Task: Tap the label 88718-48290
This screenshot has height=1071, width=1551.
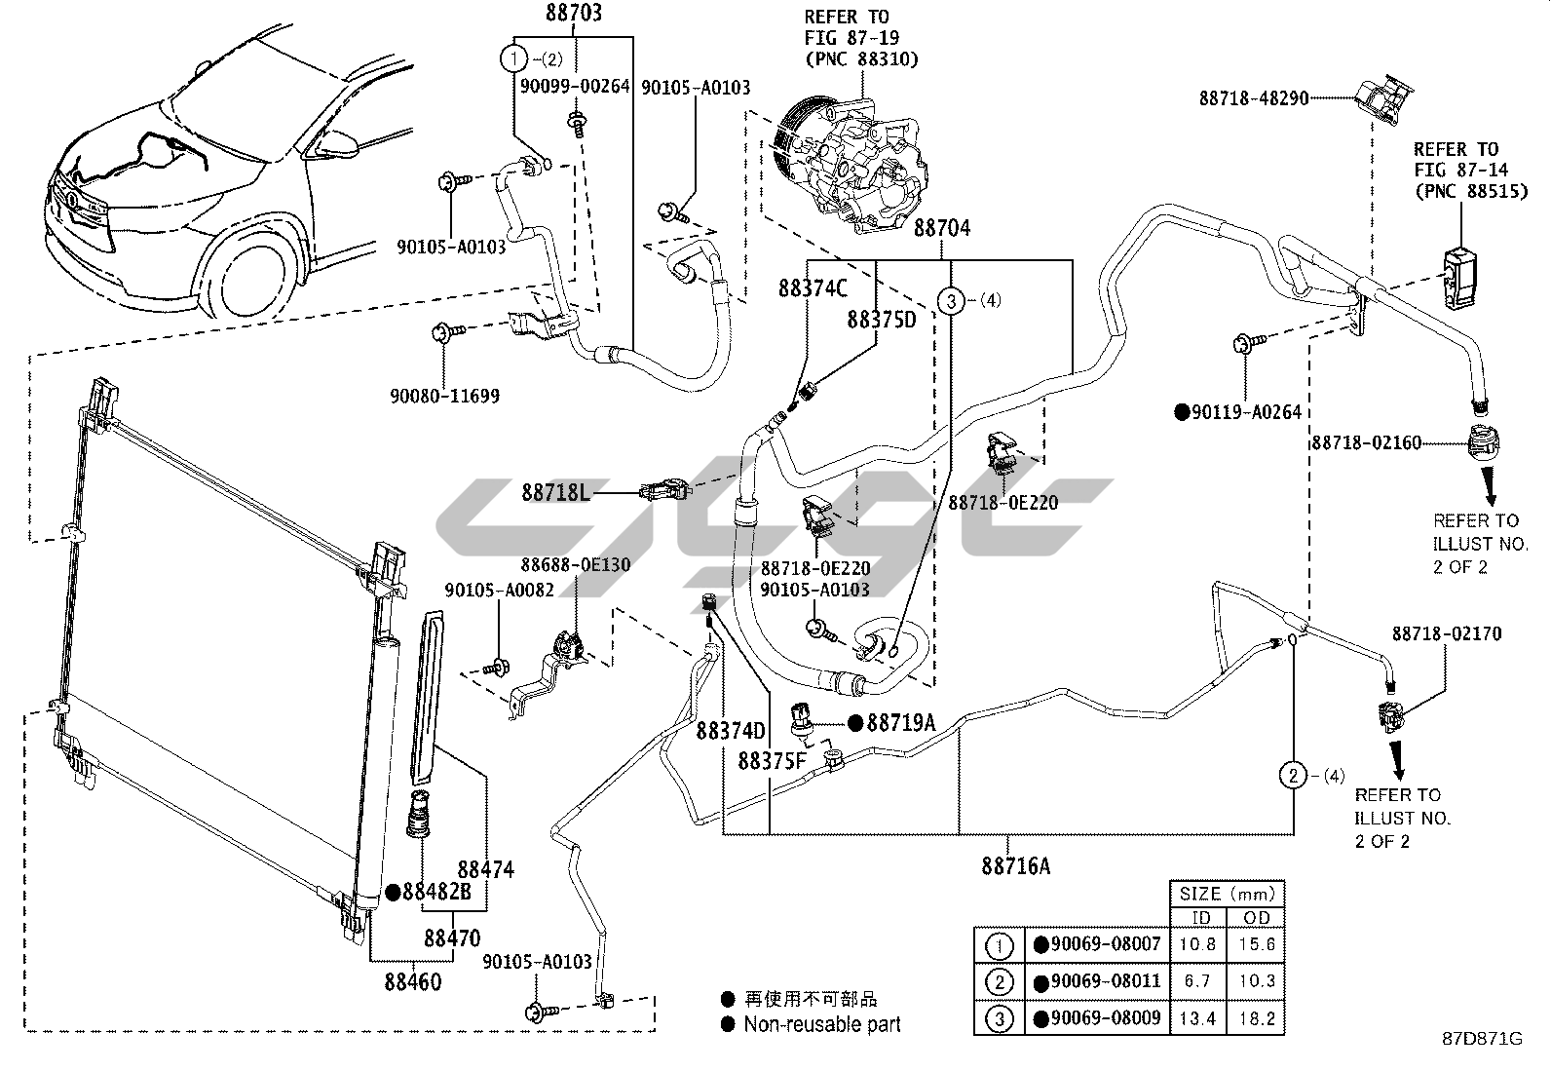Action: pos(1253,97)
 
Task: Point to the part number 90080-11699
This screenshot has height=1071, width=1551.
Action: pos(444,397)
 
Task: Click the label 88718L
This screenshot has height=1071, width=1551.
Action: pos(555,493)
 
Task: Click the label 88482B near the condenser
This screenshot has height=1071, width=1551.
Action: pos(436,892)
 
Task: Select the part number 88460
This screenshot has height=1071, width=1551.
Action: pos(412,981)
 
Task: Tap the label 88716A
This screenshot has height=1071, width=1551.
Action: pos(1015,865)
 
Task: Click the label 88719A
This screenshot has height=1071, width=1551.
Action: pos(900,722)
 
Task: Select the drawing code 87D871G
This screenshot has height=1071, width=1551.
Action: pos(1482,1039)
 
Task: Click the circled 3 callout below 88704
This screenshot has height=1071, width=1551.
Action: pos(952,301)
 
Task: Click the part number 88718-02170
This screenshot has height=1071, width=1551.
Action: pos(1446,633)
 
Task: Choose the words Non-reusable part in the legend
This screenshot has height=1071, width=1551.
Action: pos(822,1024)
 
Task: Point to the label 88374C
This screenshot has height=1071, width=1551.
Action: pos(813,288)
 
